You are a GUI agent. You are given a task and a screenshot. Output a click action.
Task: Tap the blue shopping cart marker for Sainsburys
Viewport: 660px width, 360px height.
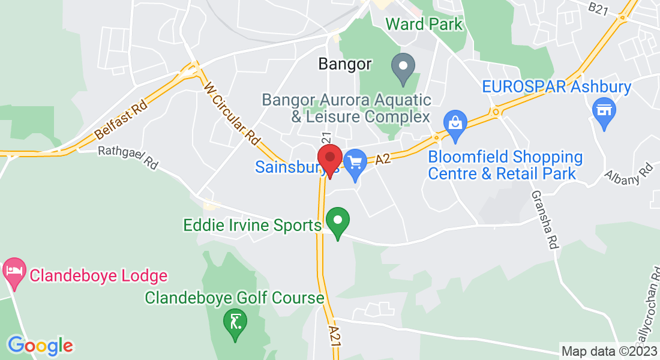click(x=355, y=164)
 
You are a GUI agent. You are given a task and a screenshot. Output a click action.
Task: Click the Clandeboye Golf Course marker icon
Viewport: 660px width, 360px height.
click(x=235, y=324)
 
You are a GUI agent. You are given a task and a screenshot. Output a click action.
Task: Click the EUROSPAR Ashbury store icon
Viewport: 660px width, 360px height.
click(x=604, y=112)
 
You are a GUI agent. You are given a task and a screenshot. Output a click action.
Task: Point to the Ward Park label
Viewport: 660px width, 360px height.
click(x=424, y=25)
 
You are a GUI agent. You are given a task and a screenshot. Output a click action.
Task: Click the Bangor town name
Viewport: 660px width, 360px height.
click(x=345, y=64)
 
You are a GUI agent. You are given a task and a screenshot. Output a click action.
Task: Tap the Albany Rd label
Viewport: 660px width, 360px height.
click(x=628, y=172)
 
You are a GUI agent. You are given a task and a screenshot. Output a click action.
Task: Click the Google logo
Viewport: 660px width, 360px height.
click(x=40, y=346)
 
